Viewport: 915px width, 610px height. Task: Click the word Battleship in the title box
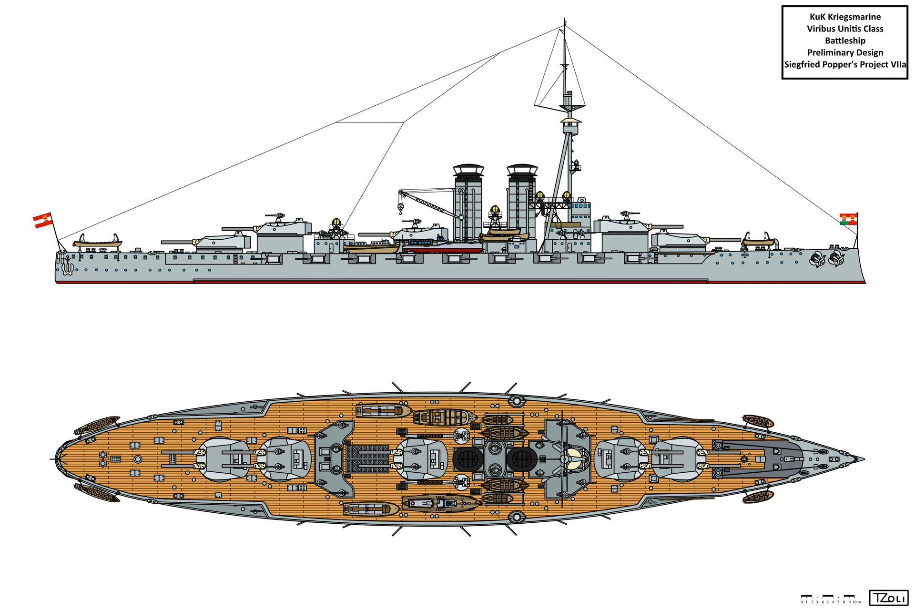[x=845, y=41]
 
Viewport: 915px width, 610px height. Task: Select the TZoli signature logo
[x=888, y=598]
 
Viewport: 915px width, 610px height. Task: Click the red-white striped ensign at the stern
[x=42, y=220]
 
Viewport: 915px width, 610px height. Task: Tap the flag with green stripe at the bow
[x=848, y=219]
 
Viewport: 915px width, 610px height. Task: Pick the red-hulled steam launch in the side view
[x=443, y=246]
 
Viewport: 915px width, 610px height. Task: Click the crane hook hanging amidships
[x=401, y=208]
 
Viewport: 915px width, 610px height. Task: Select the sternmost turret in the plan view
[x=224, y=459]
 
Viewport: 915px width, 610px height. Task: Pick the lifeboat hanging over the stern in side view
[x=98, y=242]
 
